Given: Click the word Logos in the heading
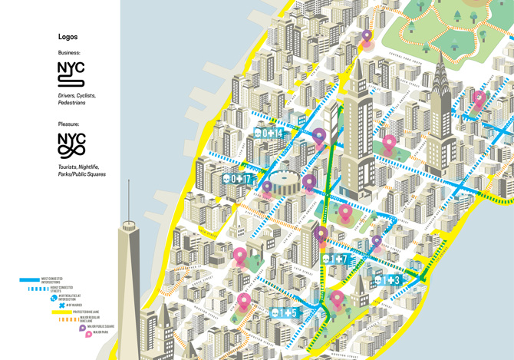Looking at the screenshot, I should click(x=68, y=37).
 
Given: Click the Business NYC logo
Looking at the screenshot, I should click(x=71, y=74).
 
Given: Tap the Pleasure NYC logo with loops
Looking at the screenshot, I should click(x=71, y=144).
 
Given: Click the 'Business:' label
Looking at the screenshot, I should click(x=69, y=52).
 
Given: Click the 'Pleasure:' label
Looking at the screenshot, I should click(x=68, y=124).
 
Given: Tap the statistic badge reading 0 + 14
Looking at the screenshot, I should click(x=269, y=133).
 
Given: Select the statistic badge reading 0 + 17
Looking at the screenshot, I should click(x=237, y=179).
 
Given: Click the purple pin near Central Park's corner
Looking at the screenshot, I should click(x=367, y=36).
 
